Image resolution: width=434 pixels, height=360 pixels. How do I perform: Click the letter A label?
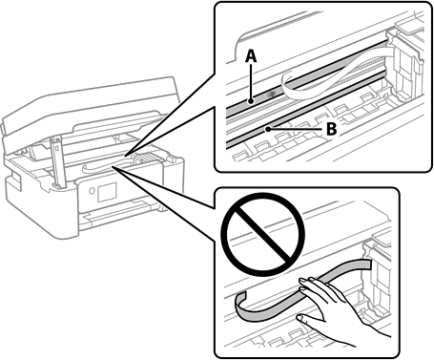(251, 57)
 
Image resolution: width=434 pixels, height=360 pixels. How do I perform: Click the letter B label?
(331, 129)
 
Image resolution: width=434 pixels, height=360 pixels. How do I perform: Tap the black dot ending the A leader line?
(251, 101)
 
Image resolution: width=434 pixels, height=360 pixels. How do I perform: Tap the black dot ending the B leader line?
(269, 129)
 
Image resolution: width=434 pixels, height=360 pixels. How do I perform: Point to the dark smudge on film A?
(272, 94)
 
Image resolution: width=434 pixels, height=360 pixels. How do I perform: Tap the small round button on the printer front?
(92, 191)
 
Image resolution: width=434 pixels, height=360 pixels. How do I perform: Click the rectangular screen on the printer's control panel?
(107, 192)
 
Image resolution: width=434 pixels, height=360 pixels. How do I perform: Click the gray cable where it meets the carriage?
(365, 264)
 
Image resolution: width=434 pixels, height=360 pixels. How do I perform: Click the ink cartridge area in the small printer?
(147, 159)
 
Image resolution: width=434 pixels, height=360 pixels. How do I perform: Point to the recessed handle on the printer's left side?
(13, 181)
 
